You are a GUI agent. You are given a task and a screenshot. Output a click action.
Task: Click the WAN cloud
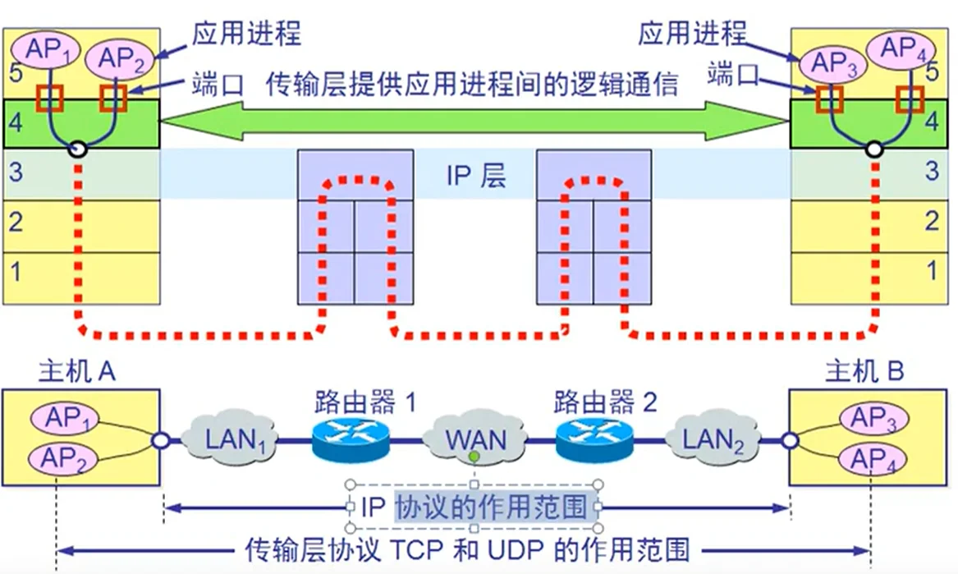[475, 439]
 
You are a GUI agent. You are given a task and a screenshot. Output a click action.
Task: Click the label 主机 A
[77, 372]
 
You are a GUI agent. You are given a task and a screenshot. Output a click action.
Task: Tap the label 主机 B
[864, 372]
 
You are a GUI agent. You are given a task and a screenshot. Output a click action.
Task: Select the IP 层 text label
[476, 175]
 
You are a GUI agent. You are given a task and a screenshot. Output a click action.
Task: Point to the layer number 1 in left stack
[16, 272]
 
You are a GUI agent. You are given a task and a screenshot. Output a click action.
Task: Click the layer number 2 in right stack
[931, 220]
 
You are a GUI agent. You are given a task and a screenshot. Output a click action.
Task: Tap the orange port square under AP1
[49, 98]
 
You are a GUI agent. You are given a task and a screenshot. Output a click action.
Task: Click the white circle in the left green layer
[78, 149]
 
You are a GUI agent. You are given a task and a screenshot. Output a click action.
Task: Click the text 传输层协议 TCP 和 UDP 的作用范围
[469, 548]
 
